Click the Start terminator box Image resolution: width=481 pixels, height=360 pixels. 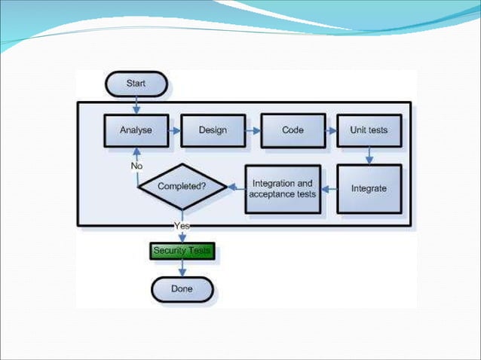(136, 84)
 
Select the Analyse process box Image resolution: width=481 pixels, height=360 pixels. (136, 130)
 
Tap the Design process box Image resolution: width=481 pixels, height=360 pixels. (213, 130)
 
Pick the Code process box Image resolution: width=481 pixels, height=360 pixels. (293, 130)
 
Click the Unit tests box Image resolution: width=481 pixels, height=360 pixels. (369, 130)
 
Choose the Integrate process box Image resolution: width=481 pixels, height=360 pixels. (369, 188)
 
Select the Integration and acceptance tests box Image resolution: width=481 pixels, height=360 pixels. (282, 188)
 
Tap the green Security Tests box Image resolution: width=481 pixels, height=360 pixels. (182, 250)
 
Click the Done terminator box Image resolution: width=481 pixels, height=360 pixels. (182, 288)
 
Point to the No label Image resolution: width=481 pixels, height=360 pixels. (136, 166)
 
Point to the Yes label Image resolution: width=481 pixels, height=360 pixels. (182, 225)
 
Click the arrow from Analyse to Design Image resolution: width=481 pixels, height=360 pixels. (174, 130)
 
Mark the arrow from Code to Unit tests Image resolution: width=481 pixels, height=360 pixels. (331, 130)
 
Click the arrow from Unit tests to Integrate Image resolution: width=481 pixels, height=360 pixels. (369, 155)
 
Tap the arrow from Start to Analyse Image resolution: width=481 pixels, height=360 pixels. (136, 105)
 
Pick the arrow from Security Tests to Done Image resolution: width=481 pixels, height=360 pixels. (182, 268)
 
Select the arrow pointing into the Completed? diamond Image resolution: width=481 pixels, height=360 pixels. (236, 187)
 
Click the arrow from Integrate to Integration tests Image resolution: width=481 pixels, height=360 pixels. (328, 188)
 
